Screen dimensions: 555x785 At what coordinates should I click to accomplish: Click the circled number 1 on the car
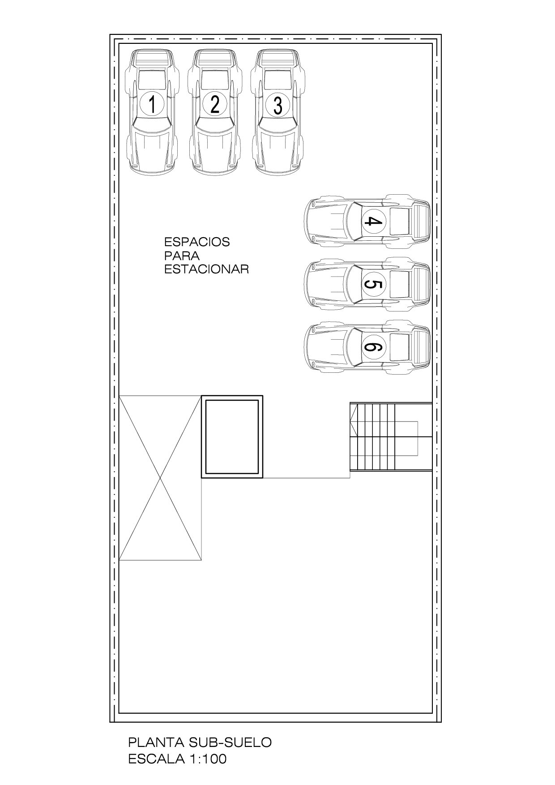pos(152,104)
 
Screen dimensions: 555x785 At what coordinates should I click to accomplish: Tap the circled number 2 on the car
pos(215,104)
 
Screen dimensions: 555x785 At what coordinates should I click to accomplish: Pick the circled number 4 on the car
pos(373,221)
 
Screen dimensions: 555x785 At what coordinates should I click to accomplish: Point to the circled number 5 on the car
pos(373,285)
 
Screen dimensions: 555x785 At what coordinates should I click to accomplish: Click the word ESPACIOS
pos(197,242)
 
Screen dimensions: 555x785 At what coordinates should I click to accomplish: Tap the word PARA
pos(182,256)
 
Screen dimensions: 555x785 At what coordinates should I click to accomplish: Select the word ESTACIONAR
pos(206,269)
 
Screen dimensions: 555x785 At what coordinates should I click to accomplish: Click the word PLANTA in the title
pos(157,742)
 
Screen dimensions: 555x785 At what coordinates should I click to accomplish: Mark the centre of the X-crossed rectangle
pos(160,478)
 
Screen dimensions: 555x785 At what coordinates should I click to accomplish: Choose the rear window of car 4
pos(400,221)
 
